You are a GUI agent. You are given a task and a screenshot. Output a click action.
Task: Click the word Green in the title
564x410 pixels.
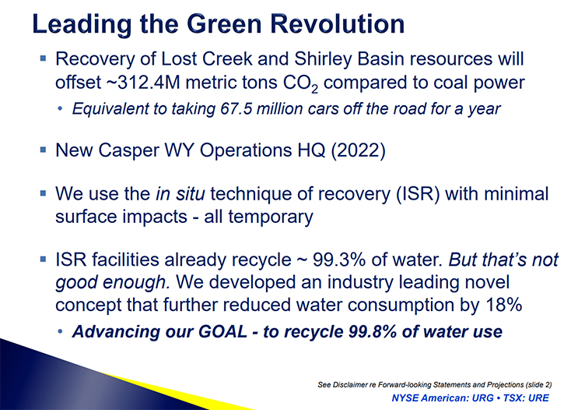(x=224, y=24)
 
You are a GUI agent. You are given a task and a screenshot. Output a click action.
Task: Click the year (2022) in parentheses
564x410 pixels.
(x=358, y=150)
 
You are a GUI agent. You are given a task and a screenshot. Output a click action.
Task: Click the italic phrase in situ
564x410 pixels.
(x=180, y=193)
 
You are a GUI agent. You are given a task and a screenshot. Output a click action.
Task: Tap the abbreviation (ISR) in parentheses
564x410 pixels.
(x=418, y=194)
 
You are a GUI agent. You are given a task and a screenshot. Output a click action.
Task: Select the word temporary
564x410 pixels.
(x=271, y=217)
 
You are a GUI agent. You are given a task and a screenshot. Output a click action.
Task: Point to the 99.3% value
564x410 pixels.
(x=339, y=260)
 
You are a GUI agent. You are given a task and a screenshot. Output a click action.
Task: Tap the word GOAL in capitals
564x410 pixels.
(x=222, y=331)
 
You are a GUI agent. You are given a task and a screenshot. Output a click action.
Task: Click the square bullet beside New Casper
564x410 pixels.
(x=43, y=149)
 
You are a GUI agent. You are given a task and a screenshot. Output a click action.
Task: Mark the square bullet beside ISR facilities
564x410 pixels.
(x=43, y=259)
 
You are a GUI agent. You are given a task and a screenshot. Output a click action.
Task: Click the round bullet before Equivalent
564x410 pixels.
(x=60, y=108)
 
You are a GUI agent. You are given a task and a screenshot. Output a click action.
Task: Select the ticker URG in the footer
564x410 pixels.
(x=483, y=398)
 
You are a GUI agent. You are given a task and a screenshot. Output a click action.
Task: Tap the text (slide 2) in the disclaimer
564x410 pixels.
(x=538, y=385)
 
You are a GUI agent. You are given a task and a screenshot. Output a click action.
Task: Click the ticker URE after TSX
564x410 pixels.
(x=538, y=398)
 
